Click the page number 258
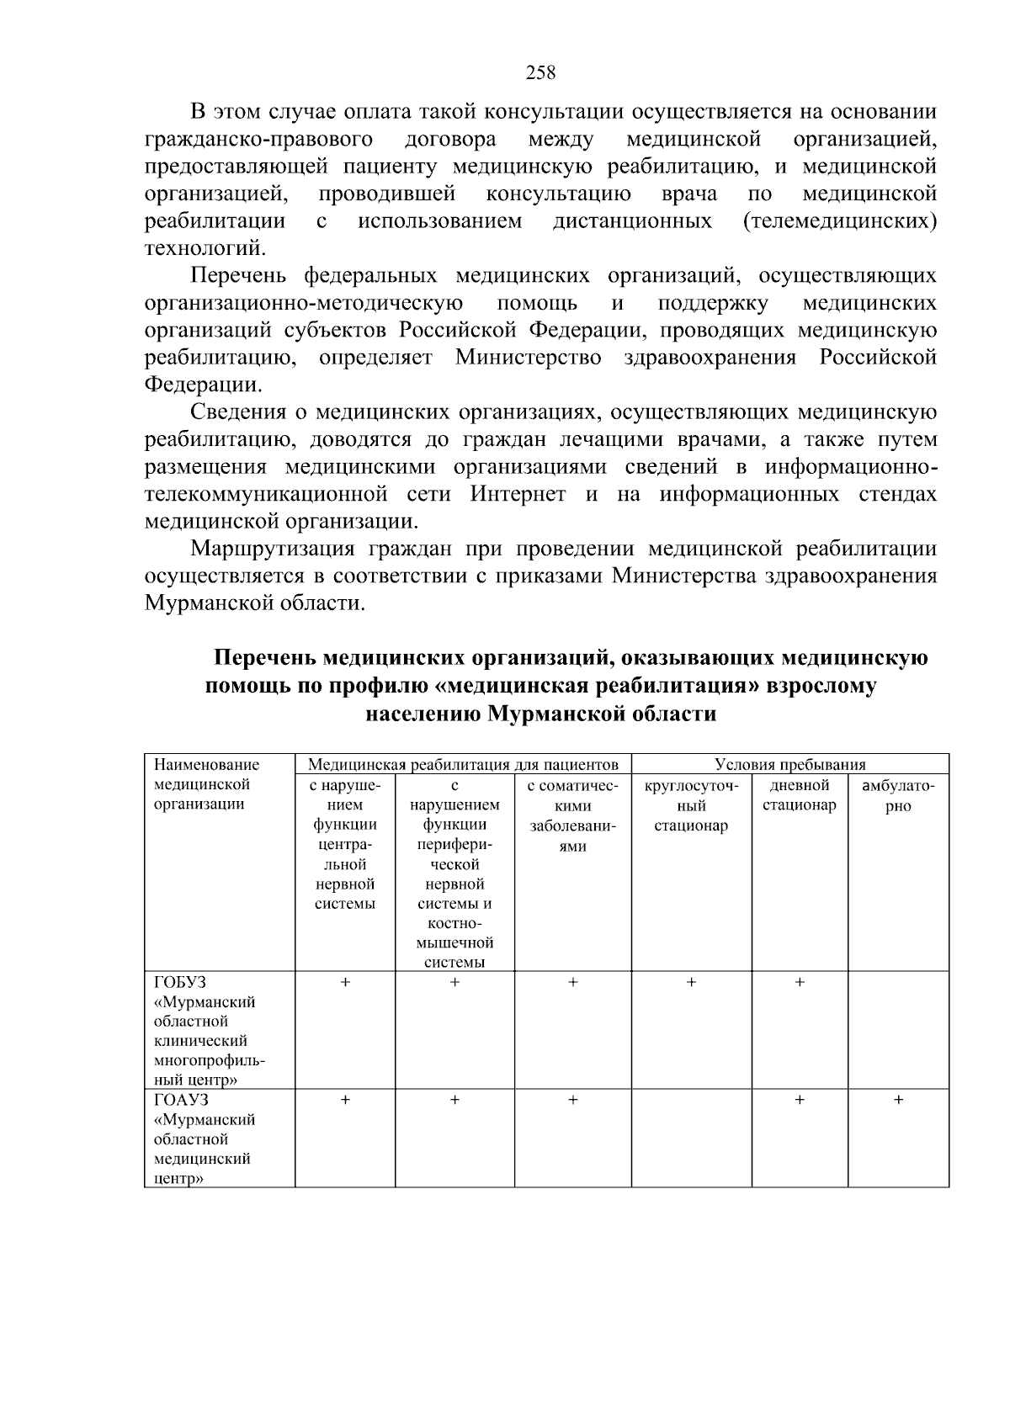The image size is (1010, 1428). (540, 72)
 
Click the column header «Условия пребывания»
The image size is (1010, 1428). (789, 764)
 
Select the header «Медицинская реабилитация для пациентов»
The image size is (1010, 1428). (463, 764)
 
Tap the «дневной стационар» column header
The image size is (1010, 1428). (800, 795)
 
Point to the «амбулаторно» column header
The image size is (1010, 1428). (898, 796)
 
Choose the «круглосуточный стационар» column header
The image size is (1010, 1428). (691, 805)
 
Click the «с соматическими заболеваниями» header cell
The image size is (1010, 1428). (572, 815)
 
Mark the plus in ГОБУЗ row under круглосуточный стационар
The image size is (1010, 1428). (691, 982)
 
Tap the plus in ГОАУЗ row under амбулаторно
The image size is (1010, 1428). (898, 1100)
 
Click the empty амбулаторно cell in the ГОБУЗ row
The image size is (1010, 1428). (898, 1030)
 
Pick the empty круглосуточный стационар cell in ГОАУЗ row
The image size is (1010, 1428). (691, 1139)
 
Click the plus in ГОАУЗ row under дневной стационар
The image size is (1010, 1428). (800, 1100)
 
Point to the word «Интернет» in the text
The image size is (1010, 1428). (518, 494)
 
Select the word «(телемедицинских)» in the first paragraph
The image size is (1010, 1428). (839, 221)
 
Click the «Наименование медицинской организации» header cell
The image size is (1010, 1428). (206, 784)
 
